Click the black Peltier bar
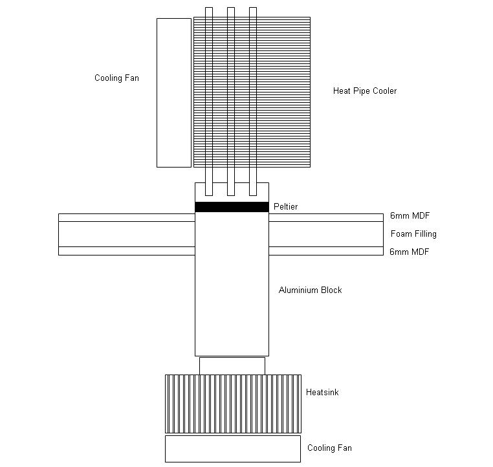(232, 207)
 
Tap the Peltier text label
(285, 206)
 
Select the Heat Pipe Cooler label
(365, 91)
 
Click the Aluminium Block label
(310, 290)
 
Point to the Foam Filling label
(413, 234)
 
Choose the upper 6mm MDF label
(410, 215)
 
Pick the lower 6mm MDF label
(409, 252)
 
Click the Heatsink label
(322, 392)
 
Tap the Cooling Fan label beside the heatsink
(329, 448)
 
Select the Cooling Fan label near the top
(116, 78)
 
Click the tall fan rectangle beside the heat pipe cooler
(174, 92)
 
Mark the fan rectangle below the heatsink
(233, 449)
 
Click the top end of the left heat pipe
(209, 8)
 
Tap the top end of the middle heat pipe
(231, 8)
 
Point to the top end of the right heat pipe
(253, 8)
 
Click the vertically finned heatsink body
(233, 404)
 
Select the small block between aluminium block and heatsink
(232, 366)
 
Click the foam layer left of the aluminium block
(127, 234)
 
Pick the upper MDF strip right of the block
(326, 217)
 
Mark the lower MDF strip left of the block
(127, 251)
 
